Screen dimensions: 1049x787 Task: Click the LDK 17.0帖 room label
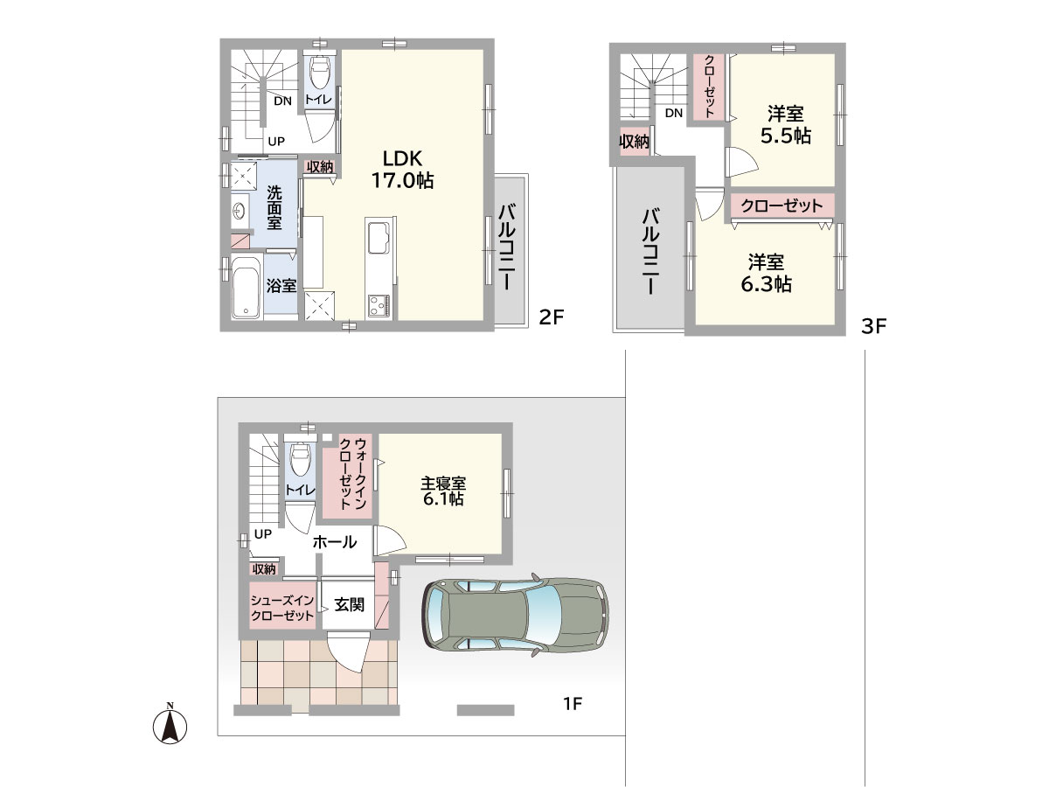tap(402, 169)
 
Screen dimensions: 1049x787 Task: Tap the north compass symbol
tap(170, 725)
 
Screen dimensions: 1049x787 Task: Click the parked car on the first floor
tap(515, 615)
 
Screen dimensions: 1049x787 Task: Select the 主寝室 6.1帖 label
tap(443, 491)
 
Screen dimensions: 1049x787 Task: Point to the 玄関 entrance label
tap(350, 604)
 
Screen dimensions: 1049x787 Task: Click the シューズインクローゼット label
tap(282, 608)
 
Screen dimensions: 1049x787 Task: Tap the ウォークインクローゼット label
tap(352, 474)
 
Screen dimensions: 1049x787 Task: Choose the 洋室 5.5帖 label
tap(785, 125)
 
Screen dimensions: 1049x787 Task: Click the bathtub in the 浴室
tap(247, 287)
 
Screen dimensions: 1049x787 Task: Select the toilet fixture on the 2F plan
tap(320, 72)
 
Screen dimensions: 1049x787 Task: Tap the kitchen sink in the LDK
tap(378, 240)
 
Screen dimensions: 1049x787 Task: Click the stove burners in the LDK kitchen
tap(379, 305)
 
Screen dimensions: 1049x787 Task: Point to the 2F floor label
tap(552, 317)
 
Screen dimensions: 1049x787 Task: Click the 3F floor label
tap(873, 326)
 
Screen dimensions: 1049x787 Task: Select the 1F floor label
tap(572, 703)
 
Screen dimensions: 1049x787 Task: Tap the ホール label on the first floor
tap(335, 542)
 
